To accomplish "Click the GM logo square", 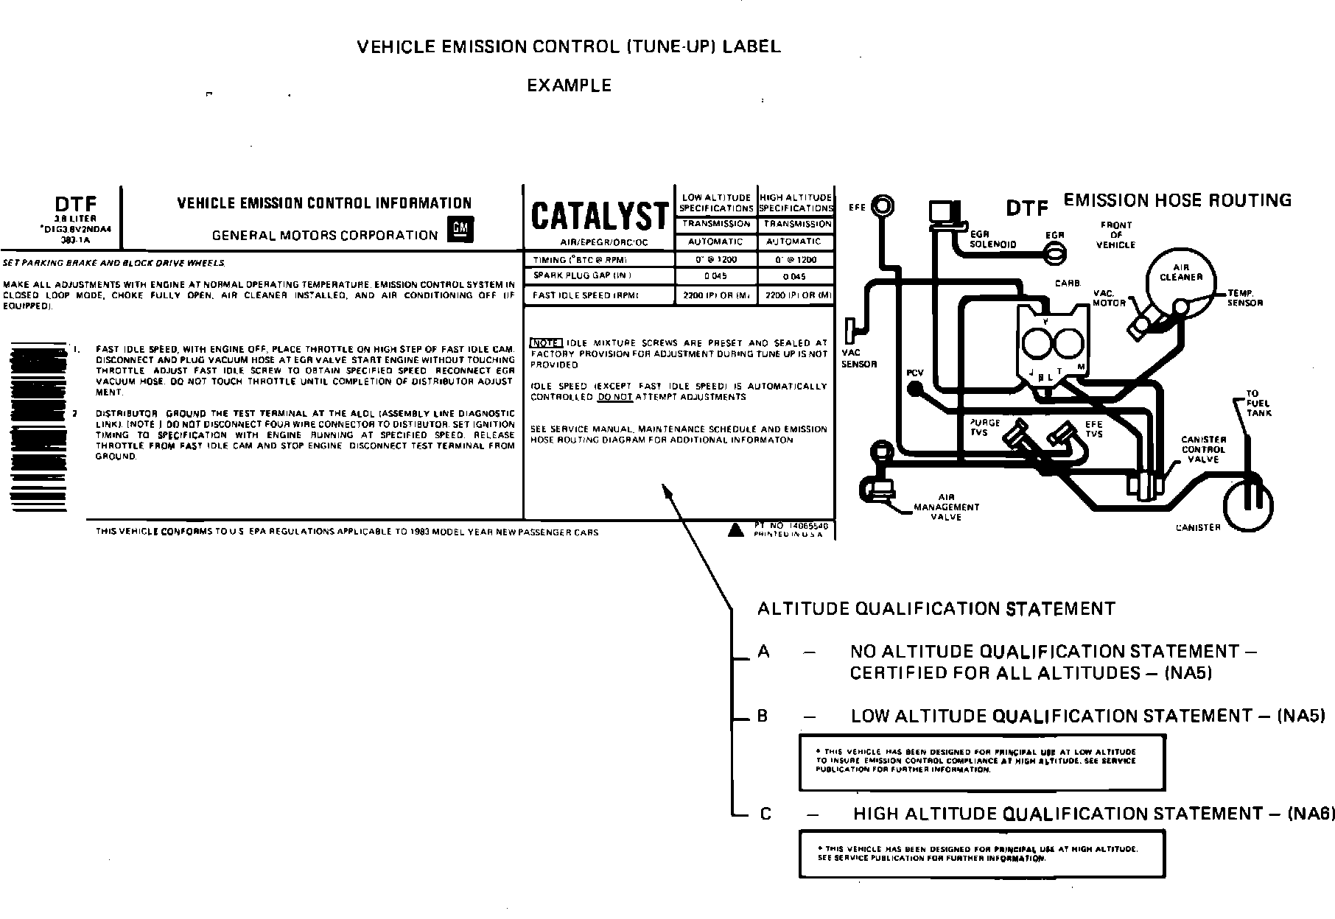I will [x=461, y=231].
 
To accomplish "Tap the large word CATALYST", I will [x=600, y=216].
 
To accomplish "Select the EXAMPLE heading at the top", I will [x=569, y=85].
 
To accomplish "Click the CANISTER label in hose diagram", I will [x=1198, y=527].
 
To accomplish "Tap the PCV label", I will [x=914, y=373].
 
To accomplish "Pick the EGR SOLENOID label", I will [x=992, y=239].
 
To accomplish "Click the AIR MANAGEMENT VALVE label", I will [x=946, y=507].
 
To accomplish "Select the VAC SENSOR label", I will [x=858, y=359].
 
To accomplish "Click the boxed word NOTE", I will [x=546, y=343].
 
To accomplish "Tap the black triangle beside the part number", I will [x=735, y=529].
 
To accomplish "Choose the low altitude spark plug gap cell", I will [x=715, y=277].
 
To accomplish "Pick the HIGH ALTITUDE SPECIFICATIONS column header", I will [x=796, y=203].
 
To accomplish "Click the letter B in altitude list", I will [x=763, y=716].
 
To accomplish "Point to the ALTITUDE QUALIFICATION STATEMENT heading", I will [x=936, y=609].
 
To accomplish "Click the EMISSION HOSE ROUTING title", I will [x=1177, y=200].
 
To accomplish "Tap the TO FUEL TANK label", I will [x=1258, y=404].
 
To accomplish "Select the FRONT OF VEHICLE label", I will [x=1115, y=235].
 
